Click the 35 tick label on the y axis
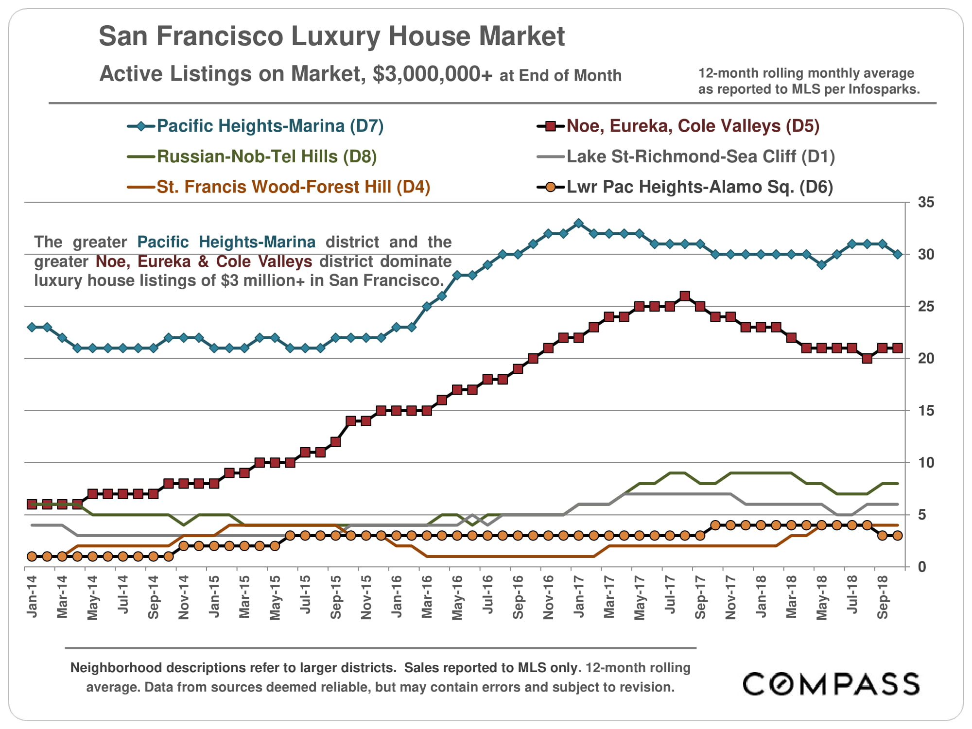click(x=926, y=202)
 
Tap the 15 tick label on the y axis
click(x=926, y=411)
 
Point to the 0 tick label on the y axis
click(x=921, y=567)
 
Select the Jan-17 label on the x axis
click(x=578, y=597)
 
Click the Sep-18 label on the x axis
click(x=882, y=597)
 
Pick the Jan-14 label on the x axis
click(x=32, y=597)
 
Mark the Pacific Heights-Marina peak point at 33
click(x=578, y=223)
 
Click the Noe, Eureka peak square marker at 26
click(x=685, y=296)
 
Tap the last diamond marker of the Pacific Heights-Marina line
click(x=897, y=254)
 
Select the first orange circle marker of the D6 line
click(x=32, y=556)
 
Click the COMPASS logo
click(x=831, y=684)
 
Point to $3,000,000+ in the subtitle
click(x=433, y=74)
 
